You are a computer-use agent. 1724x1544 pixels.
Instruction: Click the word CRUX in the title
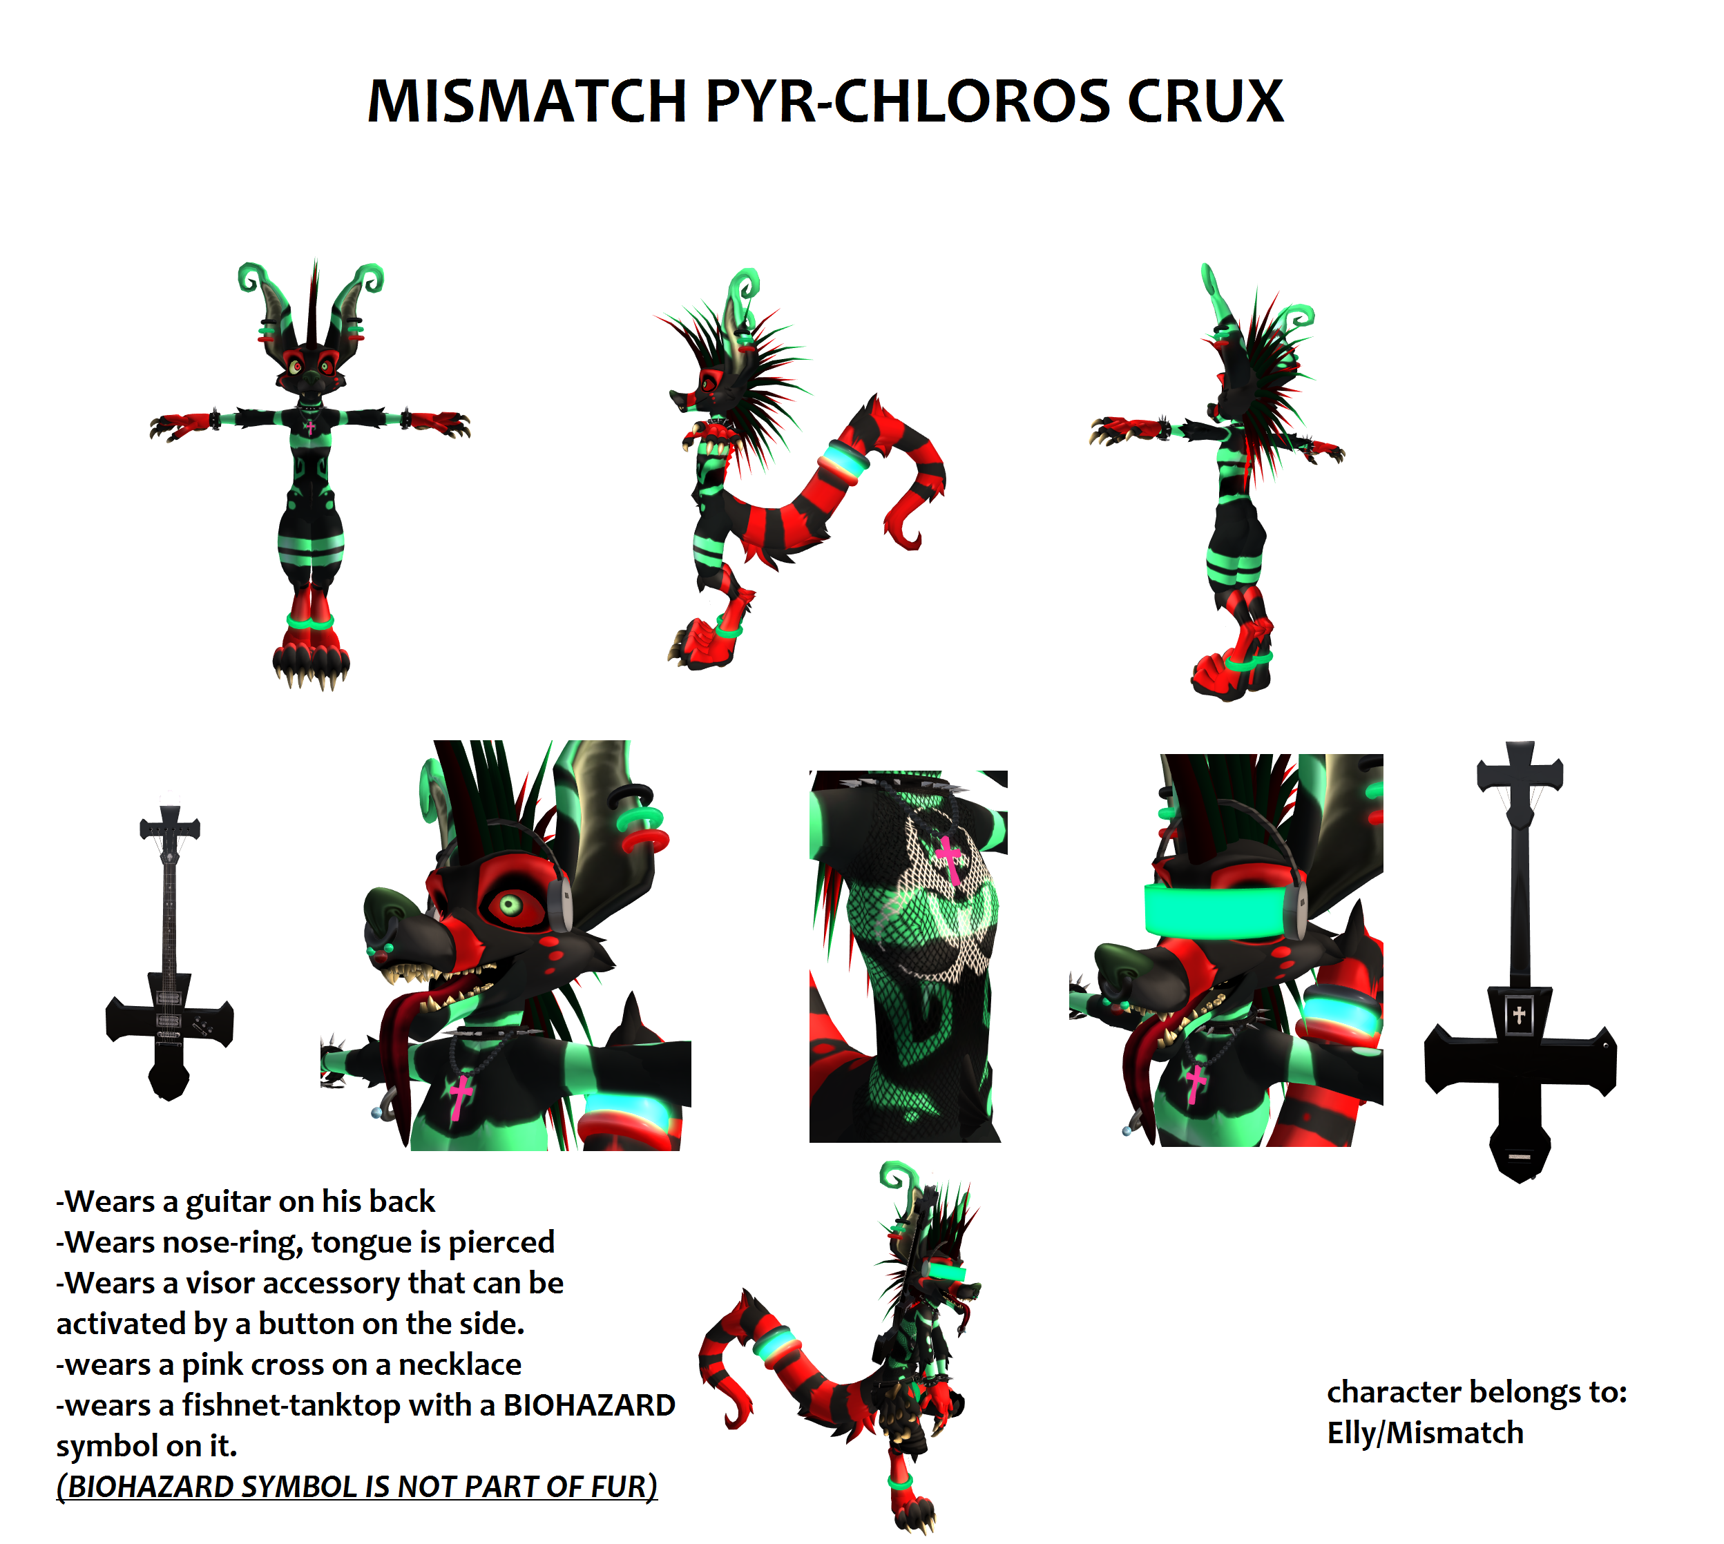(x=1205, y=102)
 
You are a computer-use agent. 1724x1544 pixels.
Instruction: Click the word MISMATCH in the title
(x=527, y=102)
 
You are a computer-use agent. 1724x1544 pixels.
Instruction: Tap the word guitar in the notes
(x=227, y=1203)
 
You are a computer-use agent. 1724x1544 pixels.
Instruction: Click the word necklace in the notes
(x=460, y=1364)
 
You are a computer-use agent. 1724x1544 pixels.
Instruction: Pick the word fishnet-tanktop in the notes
(x=291, y=1406)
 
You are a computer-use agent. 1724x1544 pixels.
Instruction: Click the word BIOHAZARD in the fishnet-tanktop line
(x=588, y=1406)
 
